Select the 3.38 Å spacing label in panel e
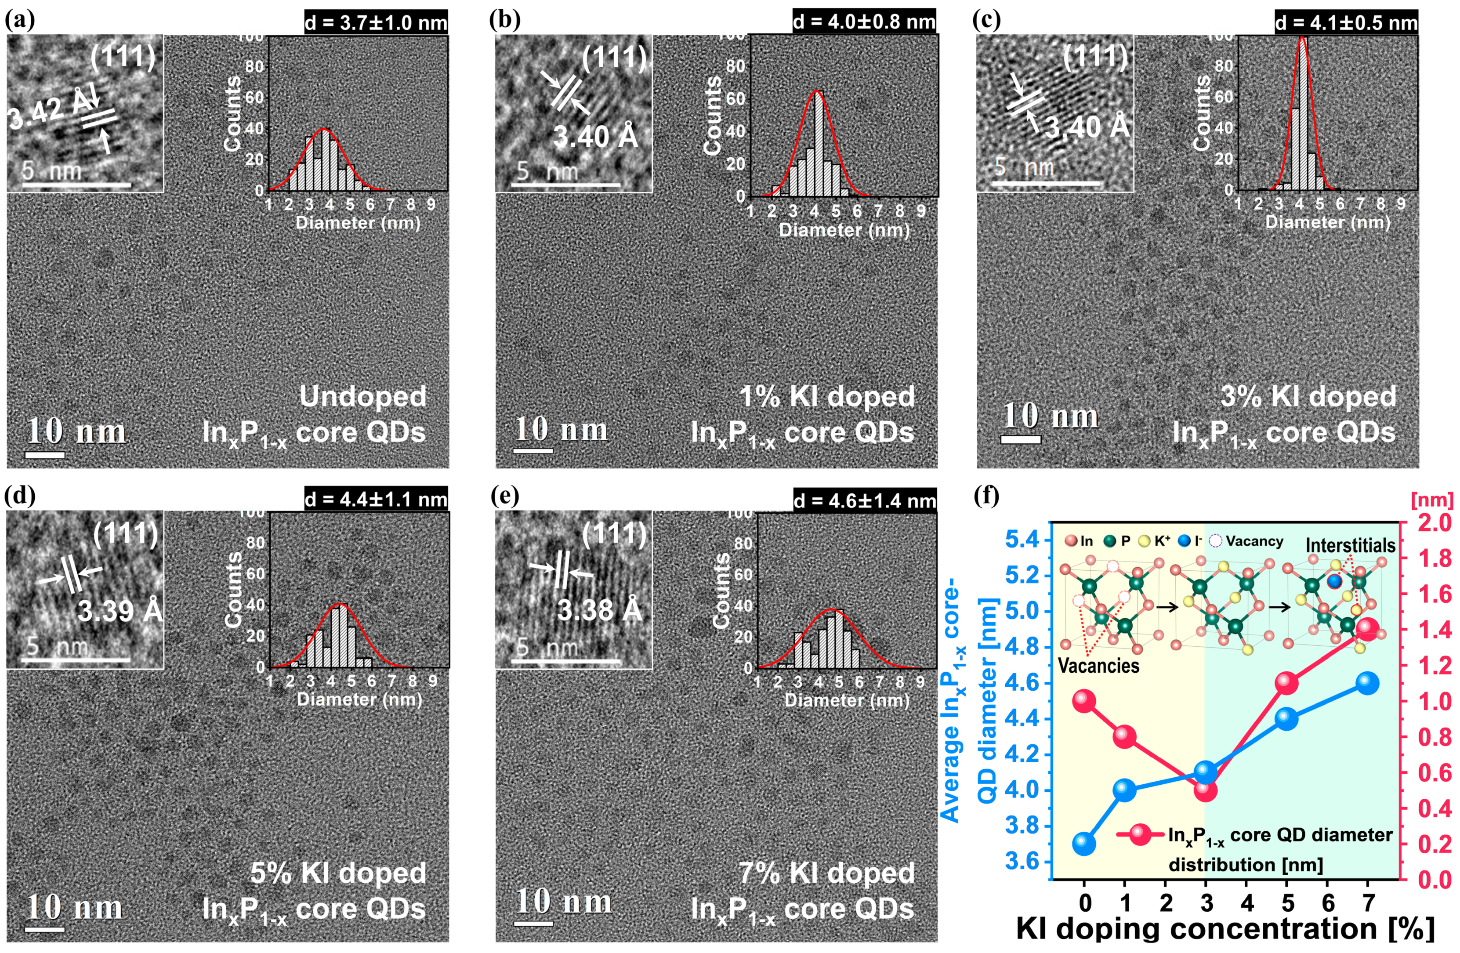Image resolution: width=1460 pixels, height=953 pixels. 599,609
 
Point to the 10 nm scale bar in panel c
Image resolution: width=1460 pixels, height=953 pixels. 1020,439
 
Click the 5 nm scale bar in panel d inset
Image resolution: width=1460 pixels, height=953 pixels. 76,660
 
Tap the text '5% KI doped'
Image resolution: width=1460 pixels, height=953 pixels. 337,873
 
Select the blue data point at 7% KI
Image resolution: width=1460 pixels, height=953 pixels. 1367,682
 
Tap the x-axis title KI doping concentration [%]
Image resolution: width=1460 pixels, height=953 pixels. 1225,928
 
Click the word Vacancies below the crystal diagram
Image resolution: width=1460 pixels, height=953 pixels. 1099,666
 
